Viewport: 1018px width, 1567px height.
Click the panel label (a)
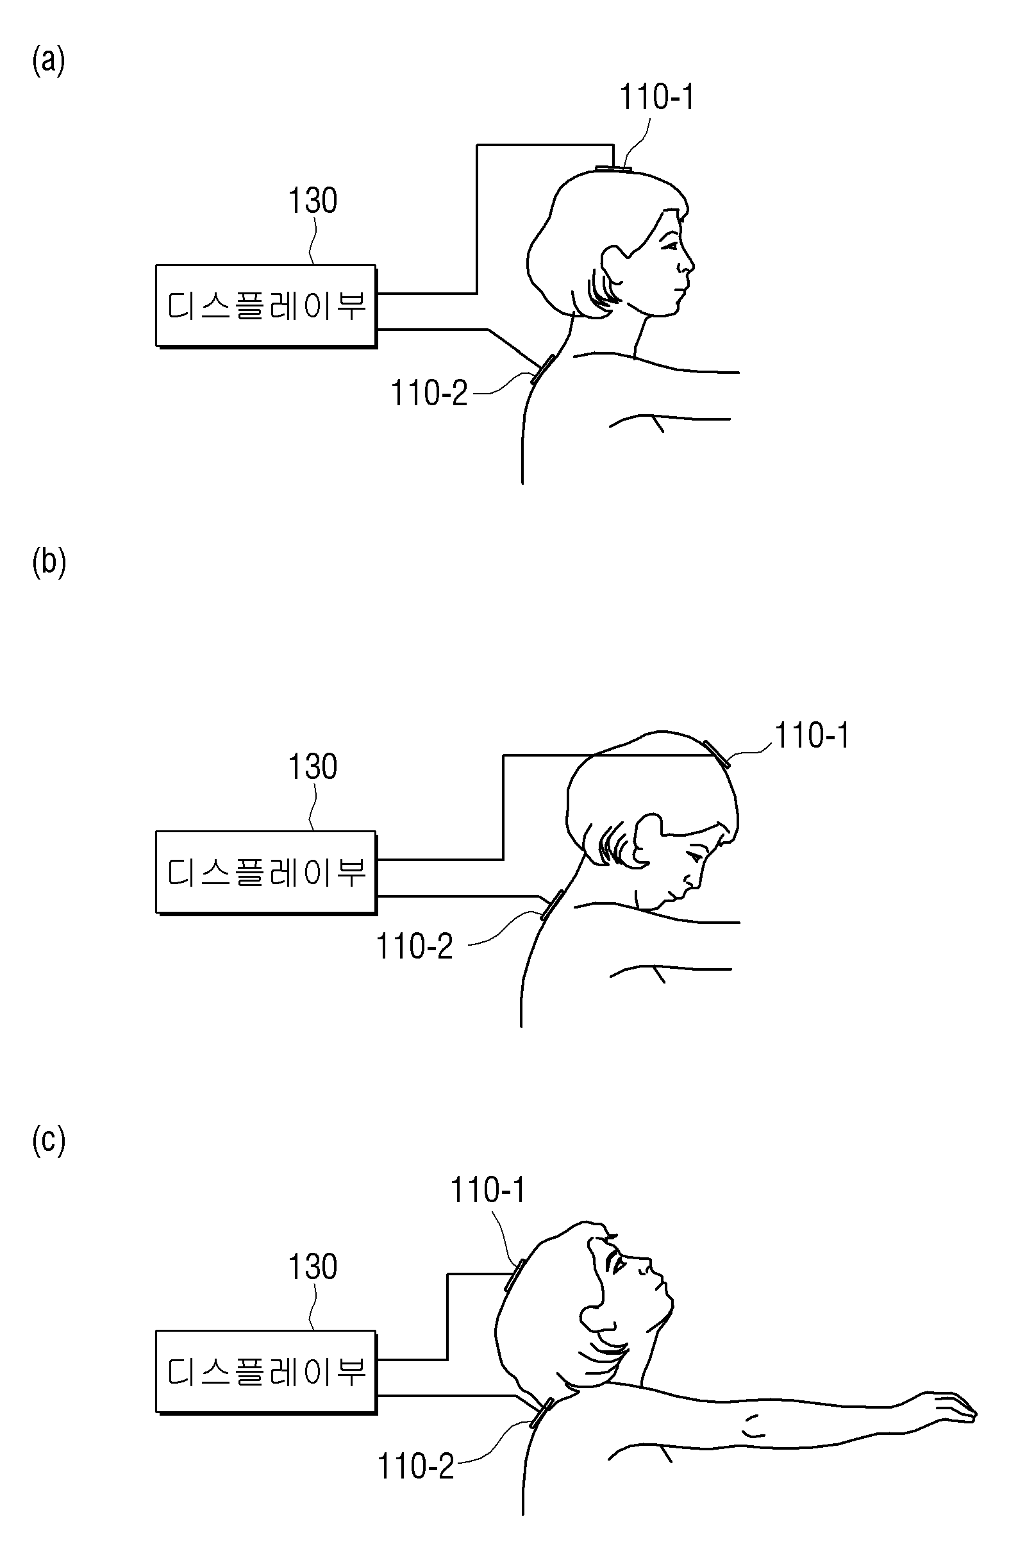tap(49, 62)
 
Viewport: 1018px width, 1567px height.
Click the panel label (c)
tap(49, 1141)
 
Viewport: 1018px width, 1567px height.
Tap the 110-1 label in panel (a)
tap(657, 97)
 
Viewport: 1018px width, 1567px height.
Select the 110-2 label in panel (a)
tap(430, 393)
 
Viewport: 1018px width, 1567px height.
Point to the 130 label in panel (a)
tap(313, 200)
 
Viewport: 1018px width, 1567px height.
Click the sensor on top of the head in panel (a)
tap(613, 169)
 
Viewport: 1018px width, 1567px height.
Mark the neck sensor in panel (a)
tap(543, 369)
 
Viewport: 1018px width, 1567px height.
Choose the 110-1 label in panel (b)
tap(812, 735)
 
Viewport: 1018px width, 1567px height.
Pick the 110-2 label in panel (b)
tap(414, 947)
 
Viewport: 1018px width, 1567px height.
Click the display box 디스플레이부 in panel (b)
tap(266, 873)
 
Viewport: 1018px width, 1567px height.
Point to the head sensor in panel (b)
tap(717, 755)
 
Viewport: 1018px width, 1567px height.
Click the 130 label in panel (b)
tap(313, 766)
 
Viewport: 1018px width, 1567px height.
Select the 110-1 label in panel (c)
tap(488, 1191)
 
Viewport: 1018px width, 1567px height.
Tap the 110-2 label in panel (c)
tap(415, 1467)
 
